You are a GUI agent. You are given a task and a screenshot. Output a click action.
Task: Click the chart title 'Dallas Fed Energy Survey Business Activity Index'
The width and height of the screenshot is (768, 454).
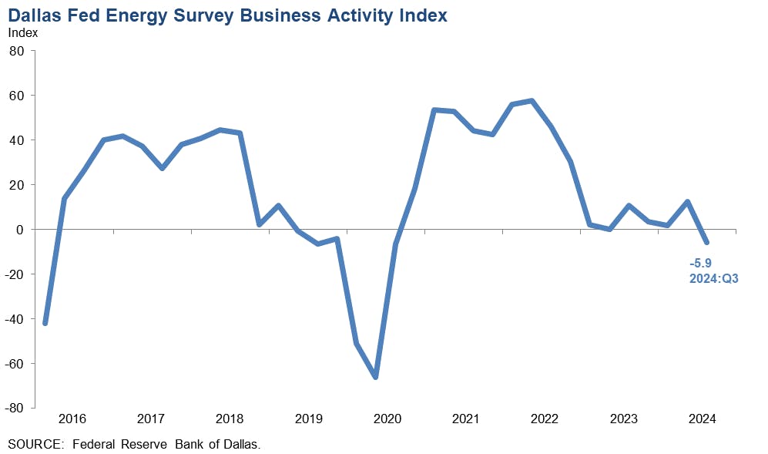(x=227, y=15)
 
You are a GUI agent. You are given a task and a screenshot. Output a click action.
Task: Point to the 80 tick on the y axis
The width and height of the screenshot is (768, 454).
(x=17, y=51)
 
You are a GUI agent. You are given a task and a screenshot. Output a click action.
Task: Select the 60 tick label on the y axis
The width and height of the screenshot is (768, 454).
(x=17, y=96)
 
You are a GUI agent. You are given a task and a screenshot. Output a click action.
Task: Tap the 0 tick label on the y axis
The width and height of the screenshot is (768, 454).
(x=22, y=230)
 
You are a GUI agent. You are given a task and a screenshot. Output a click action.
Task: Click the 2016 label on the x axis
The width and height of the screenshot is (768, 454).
(x=72, y=419)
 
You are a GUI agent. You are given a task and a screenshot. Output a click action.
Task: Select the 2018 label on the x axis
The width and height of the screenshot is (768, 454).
(x=230, y=419)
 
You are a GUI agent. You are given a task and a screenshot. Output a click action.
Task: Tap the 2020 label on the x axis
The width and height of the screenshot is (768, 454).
(x=387, y=419)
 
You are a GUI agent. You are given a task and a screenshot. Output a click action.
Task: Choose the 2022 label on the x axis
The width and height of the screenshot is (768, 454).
(x=545, y=419)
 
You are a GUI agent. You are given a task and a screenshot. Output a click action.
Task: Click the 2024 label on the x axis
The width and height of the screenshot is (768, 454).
(x=702, y=419)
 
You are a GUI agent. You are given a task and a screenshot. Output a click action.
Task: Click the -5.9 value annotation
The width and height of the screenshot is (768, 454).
(x=700, y=263)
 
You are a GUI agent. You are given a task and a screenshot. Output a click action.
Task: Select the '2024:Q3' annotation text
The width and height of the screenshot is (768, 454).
(x=713, y=278)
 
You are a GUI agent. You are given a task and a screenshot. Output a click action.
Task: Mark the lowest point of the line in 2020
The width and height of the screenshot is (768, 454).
(x=375, y=377)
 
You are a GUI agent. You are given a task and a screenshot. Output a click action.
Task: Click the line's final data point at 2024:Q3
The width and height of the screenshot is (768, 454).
(x=706, y=243)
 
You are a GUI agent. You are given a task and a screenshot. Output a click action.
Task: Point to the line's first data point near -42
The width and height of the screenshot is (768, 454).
(x=45, y=323)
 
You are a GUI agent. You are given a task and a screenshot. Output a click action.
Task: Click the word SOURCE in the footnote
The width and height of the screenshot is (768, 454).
(x=34, y=444)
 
